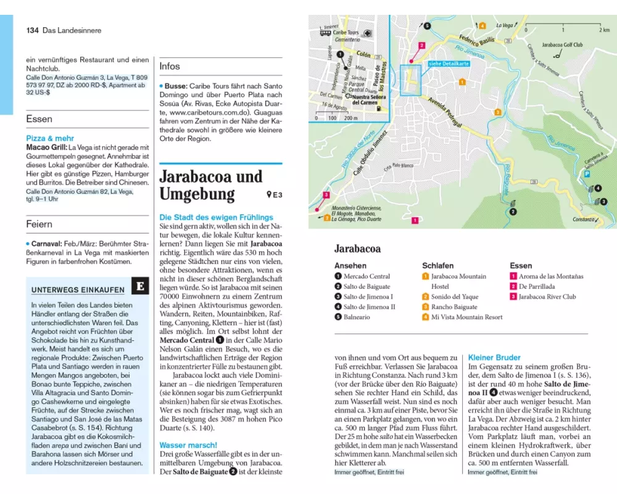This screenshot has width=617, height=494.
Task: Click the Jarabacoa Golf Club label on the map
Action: tap(562, 45)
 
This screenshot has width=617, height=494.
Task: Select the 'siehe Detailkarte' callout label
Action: tap(449, 64)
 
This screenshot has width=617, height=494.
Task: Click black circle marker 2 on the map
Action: tap(512, 212)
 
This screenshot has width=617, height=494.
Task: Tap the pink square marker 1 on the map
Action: tap(415, 220)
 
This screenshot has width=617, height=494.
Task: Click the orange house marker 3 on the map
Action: tap(497, 112)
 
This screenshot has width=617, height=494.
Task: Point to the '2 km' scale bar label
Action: tap(603, 30)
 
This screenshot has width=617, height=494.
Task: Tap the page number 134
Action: tap(33, 30)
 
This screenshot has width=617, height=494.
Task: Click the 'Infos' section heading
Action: tap(170, 66)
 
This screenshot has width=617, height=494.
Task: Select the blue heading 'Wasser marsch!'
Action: tap(188, 445)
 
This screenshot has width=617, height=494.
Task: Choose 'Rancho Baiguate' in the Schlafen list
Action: tap(454, 307)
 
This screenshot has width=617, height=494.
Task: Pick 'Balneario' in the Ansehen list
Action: tap(358, 317)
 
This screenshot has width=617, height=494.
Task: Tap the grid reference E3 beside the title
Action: tap(275, 195)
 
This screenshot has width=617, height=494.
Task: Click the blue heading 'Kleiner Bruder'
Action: tap(494, 357)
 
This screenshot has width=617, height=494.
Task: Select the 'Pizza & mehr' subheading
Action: tap(50, 138)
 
